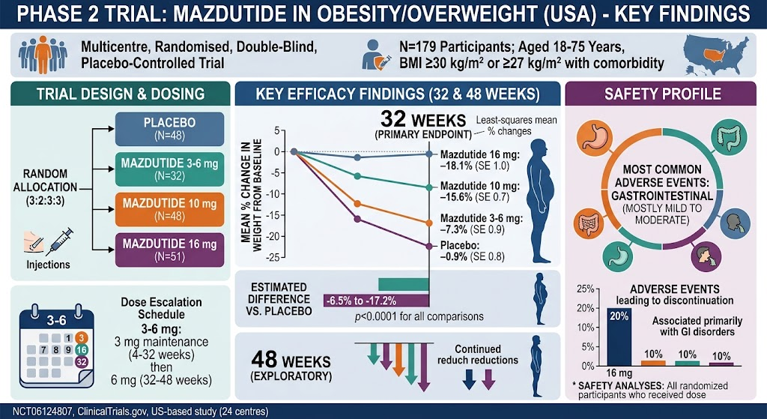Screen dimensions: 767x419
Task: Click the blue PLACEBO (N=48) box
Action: coord(170,129)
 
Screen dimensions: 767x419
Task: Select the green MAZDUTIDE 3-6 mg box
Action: coord(170,169)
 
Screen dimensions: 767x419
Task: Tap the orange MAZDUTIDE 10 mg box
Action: coord(170,210)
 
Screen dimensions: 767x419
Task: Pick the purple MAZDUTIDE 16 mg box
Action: coord(170,250)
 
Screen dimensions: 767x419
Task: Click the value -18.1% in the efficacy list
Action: coord(455,166)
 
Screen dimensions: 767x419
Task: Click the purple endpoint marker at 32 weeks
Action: coord(429,246)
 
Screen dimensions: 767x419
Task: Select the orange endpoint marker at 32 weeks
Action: coord(429,223)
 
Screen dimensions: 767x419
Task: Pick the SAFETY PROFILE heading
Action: coord(661,94)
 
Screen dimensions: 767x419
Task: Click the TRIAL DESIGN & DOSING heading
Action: coord(121,94)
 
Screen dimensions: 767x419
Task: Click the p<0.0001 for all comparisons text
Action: coord(419,316)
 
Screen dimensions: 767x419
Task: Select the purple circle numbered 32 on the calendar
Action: coord(82,362)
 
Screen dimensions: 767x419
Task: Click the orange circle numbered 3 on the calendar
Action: coord(82,338)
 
